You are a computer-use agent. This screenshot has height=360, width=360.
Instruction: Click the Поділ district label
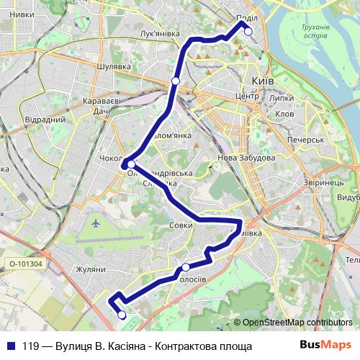tap(247, 19)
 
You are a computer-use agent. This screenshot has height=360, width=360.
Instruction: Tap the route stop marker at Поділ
tap(248, 31)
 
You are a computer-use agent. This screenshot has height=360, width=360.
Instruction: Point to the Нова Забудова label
tap(245, 158)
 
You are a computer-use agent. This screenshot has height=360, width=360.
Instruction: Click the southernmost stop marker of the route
tap(121, 315)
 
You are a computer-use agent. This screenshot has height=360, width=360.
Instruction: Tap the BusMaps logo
tap(327, 345)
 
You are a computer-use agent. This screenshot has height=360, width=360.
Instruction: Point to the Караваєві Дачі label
tap(101, 106)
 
